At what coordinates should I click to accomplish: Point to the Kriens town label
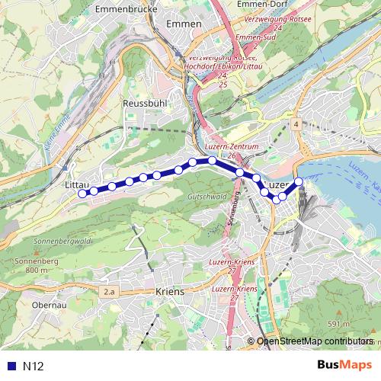169,291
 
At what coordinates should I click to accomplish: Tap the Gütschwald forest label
203,197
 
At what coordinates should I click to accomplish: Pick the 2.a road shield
109,291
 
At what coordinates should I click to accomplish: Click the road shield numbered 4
294,123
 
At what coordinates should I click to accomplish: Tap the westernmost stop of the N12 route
82,194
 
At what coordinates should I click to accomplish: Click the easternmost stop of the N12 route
299,181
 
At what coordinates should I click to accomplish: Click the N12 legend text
33,366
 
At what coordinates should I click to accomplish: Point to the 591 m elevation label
338,324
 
